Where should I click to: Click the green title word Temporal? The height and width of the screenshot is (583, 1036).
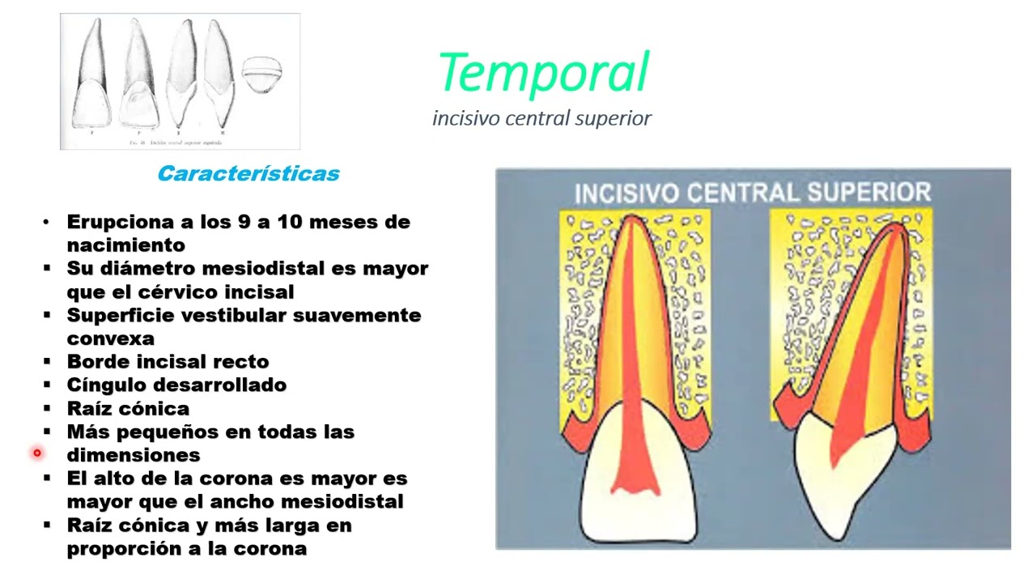point(543,73)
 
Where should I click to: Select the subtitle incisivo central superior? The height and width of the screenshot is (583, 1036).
point(541,118)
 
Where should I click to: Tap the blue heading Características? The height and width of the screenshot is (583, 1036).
point(248,173)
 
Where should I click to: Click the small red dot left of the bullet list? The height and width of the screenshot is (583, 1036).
point(37,453)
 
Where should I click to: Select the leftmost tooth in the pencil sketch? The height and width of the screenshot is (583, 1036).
point(90,77)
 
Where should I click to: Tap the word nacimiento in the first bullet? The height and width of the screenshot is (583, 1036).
point(125,245)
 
